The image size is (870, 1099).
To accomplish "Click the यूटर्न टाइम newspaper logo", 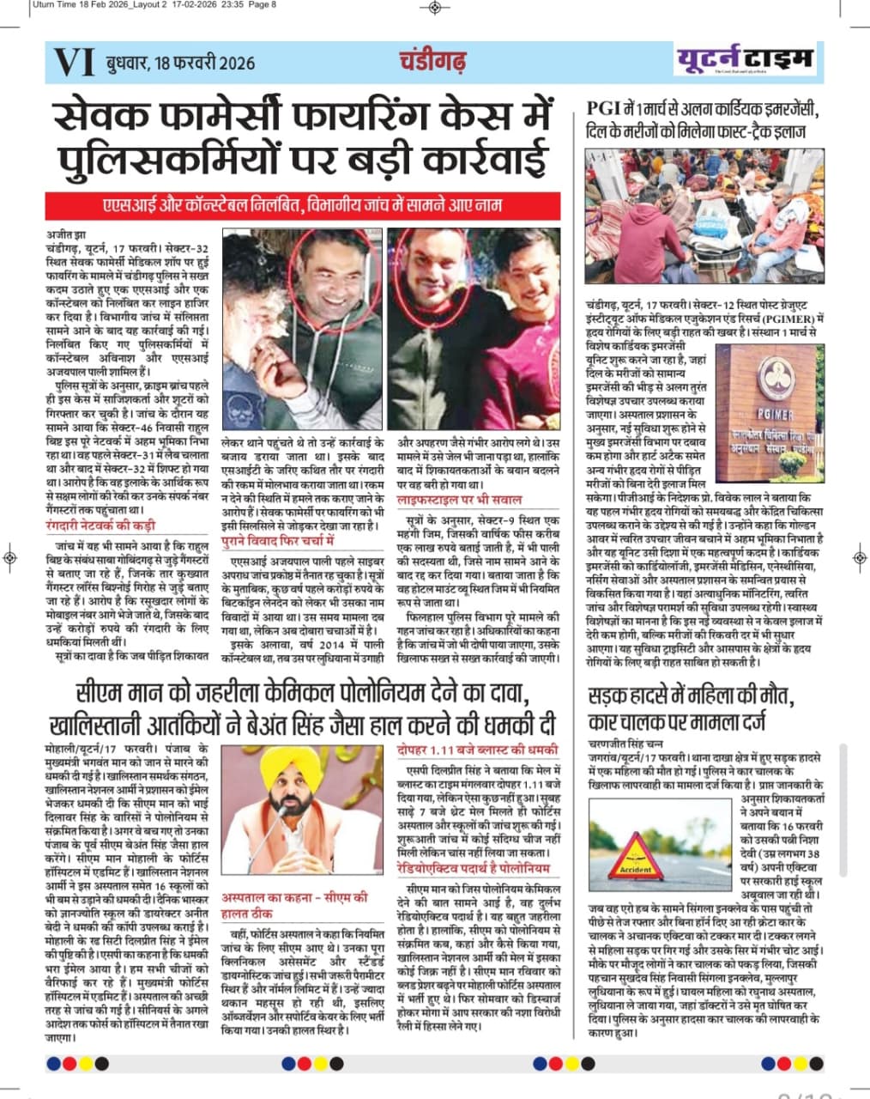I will [x=744, y=60].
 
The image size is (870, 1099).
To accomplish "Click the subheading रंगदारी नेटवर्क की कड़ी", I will [x=101, y=525].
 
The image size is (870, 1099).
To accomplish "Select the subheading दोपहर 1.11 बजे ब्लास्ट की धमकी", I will [x=477, y=750].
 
